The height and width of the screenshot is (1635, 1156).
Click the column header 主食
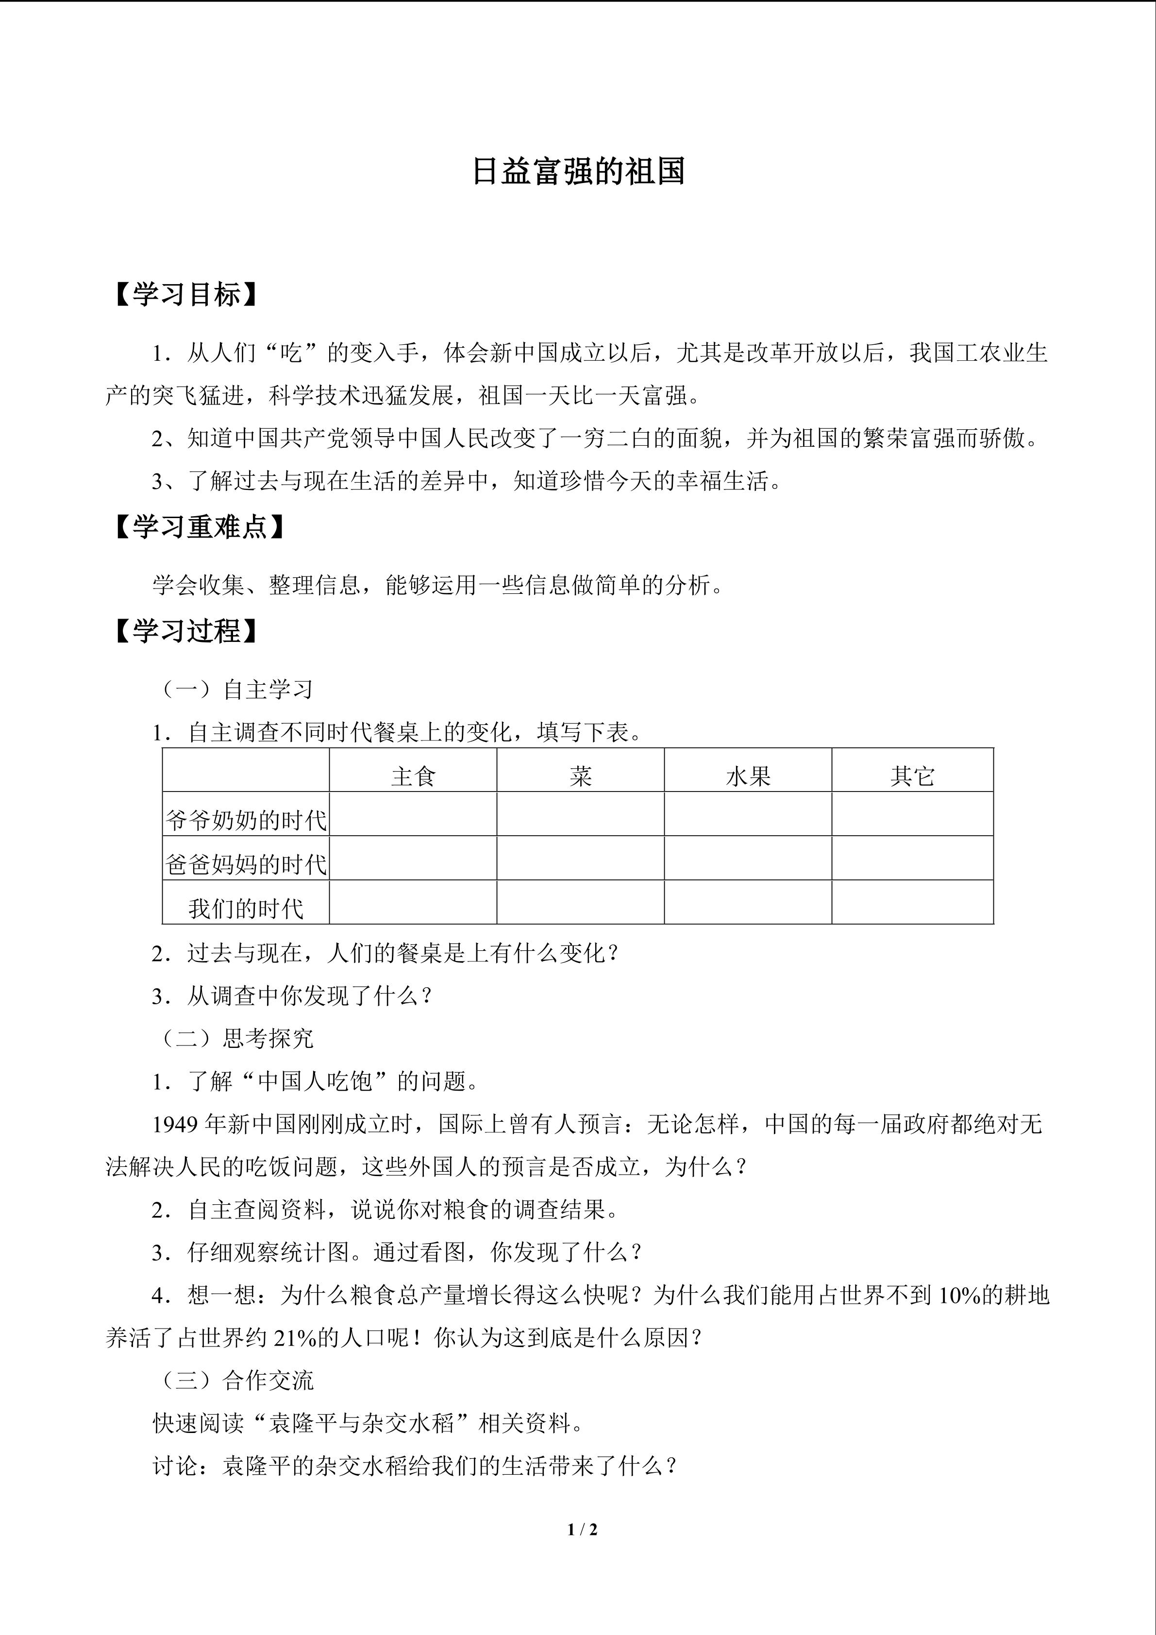point(413,775)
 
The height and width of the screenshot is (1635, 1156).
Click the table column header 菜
point(580,775)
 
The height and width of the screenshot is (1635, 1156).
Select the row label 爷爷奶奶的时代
point(246,820)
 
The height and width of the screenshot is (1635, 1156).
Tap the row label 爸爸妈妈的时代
point(246,864)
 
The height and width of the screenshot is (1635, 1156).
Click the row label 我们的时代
point(246,908)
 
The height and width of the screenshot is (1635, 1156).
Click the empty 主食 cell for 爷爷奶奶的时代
point(413,814)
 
